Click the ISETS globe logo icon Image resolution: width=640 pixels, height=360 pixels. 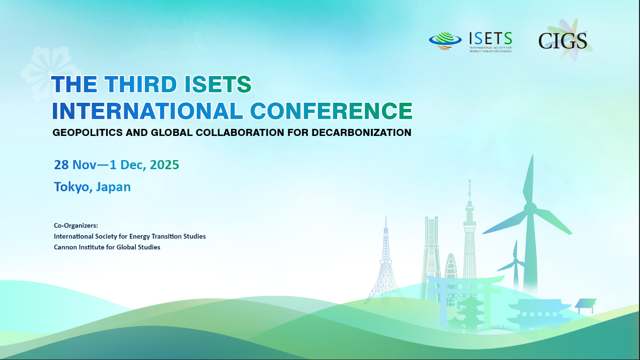(445, 41)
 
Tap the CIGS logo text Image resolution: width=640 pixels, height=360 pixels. (563, 41)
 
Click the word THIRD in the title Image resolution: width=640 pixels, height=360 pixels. (140, 84)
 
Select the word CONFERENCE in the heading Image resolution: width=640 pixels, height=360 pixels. (332, 111)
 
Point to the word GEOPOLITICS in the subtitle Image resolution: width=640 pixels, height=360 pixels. (88, 132)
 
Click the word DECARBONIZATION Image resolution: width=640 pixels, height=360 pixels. (361, 132)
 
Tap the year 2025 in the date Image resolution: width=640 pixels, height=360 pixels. (165, 165)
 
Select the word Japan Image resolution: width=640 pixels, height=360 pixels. (113, 187)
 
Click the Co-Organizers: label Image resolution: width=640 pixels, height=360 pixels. (76, 226)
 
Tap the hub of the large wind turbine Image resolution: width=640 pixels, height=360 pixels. (530, 207)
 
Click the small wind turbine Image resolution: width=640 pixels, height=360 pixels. (515, 266)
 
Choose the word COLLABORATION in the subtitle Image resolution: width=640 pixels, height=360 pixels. (239, 132)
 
